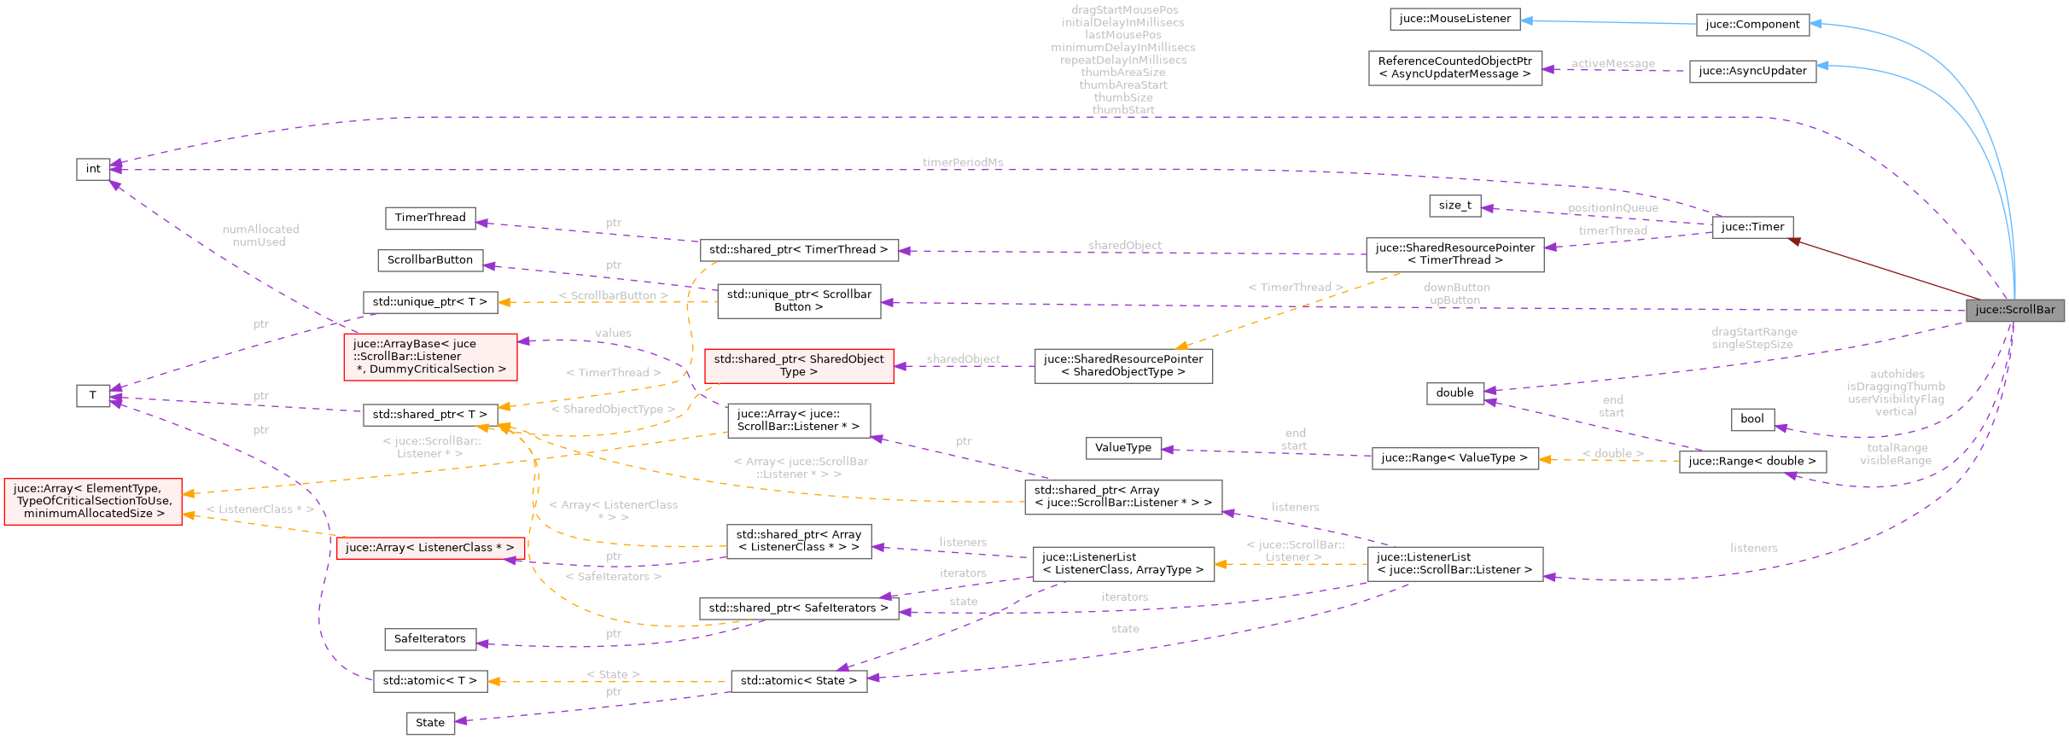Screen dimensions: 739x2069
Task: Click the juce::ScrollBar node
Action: (2014, 310)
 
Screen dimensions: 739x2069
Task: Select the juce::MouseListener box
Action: (1454, 19)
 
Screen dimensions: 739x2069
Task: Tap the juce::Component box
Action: (1752, 25)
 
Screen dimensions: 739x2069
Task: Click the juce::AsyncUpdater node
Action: (1752, 71)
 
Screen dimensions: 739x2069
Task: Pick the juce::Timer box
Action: (1752, 227)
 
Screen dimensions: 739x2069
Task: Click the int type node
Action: (93, 169)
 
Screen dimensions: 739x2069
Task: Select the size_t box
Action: (1454, 206)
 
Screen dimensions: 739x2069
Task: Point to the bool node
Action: (1751, 419)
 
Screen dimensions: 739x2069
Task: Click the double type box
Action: (1454, 393)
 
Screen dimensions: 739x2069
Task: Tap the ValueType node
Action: (1122, 448)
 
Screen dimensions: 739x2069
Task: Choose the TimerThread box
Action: (429, 218)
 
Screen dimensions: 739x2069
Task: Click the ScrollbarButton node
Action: (429, 260)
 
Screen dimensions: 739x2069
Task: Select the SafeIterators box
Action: (429, 639)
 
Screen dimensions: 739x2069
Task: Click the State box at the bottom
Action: (429, 723)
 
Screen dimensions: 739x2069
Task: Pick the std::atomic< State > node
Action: (798, 681)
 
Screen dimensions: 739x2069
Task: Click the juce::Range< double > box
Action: (1751, 462)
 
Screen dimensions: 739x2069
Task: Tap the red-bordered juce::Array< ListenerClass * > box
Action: (429, 548)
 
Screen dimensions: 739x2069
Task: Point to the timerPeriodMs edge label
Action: (962, 162)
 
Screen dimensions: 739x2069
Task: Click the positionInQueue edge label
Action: (1612, 208)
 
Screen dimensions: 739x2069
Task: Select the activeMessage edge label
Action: (1612, 64)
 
